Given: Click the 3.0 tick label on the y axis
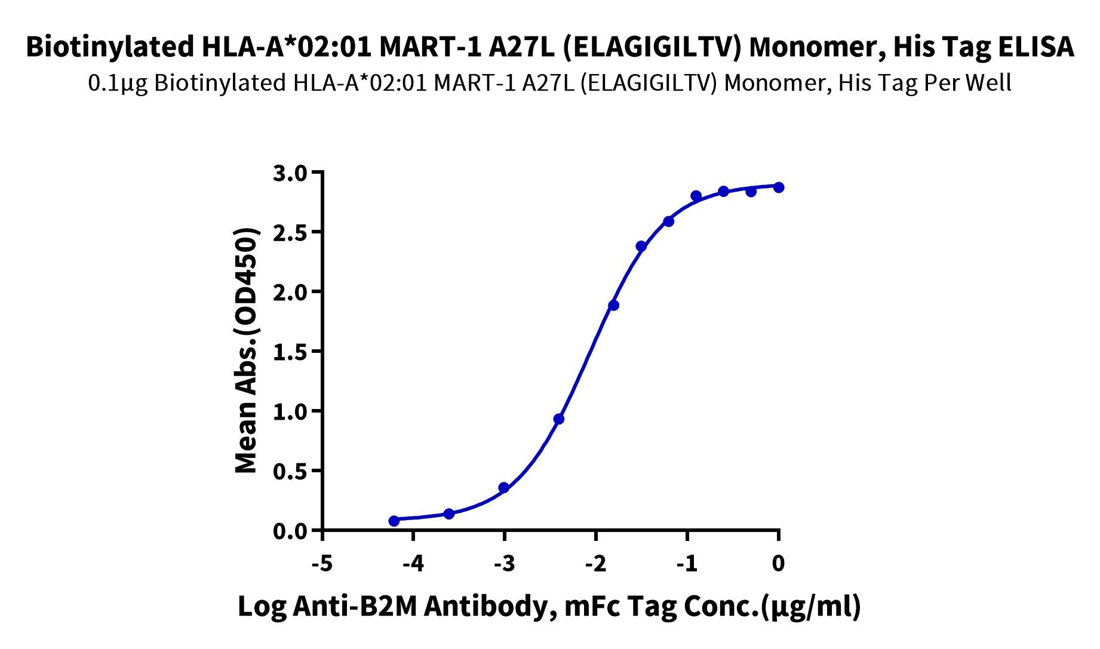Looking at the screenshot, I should tap(289, 173).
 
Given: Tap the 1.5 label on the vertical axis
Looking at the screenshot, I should tap(289, 352).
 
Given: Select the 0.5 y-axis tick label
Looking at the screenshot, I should tap(289, 471).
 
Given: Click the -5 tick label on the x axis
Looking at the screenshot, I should tap(322, 563).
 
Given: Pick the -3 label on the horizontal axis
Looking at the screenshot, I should tap(505, 563).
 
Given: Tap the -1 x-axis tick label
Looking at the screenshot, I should tap(687, 563).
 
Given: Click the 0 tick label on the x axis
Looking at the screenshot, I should tap(778, 563).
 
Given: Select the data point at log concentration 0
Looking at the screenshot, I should tap(778, 187).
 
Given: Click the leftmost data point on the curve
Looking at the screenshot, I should tap(394, 521).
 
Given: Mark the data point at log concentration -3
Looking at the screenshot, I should tap(504, 488).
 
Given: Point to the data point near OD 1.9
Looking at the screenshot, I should tap(613, 306).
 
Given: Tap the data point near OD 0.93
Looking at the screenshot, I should tap(559, 419).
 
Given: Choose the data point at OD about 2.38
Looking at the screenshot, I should tap(641, 247).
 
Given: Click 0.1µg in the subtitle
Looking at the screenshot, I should tap(118, 83).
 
